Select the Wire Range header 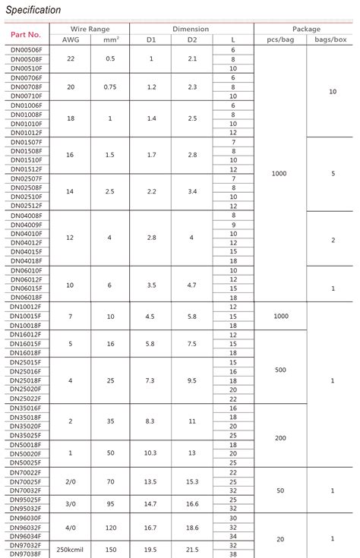89,29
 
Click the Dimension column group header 191,29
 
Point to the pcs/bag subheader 279,39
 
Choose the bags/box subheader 333,39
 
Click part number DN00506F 27,50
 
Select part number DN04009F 27,225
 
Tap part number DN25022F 27,399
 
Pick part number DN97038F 27,554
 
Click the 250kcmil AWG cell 69,549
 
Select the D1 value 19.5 151,549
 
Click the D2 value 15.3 191,481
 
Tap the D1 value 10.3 151,453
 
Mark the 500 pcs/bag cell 279,370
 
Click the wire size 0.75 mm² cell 110,87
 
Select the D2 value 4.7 191,285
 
